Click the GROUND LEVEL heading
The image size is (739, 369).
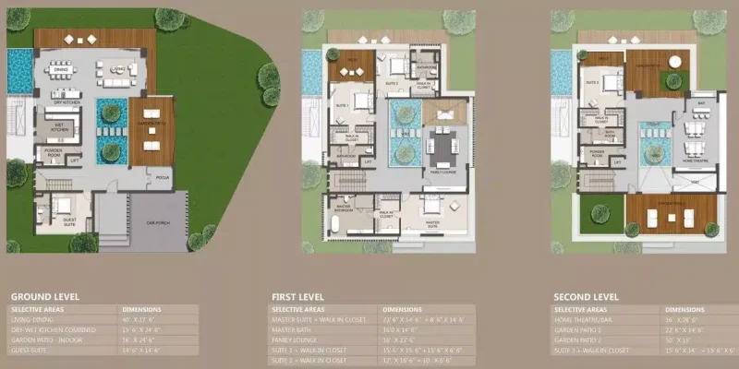pos(44,296)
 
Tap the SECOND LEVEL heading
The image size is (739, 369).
pos(587,296)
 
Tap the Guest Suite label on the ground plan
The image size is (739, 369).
pos(69,222)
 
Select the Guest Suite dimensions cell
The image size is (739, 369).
pos(141,349)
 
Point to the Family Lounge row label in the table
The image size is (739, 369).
pos(295,339)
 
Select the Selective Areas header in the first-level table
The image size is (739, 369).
pos(298,308)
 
